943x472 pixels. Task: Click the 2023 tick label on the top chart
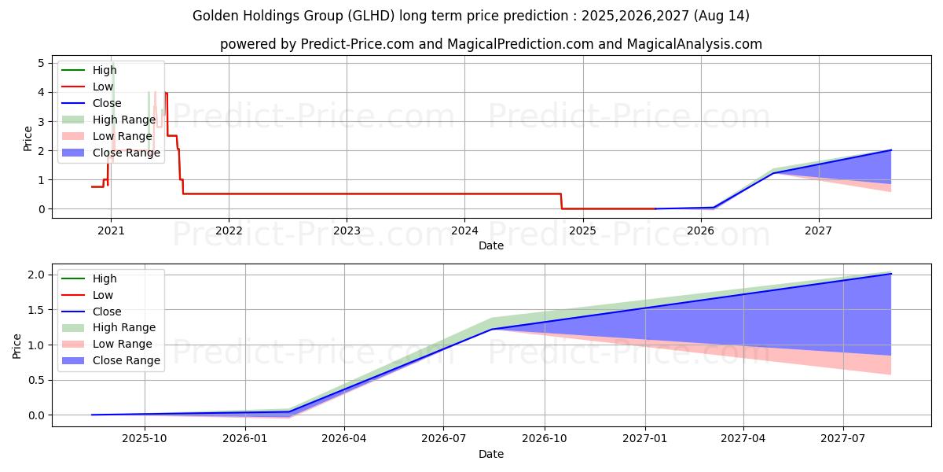click(x=347, y=230)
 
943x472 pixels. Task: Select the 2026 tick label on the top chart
click(x=700, y=230)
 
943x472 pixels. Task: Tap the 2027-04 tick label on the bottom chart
click(x=744, y=438)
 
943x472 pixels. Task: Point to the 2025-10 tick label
click(x=145, y=438)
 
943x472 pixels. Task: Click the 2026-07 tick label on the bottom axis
click(x=444, y=438)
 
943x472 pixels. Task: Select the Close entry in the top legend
click(x=107, y=103)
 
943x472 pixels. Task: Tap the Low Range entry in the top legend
click(x=122, y=136)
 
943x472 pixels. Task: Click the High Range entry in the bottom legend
click(x=124, y=327)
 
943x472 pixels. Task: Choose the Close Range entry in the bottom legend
click(x=126, y=360)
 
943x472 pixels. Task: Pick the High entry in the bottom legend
click(x=105, y=278)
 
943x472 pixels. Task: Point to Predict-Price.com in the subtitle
click(x=358, y=44)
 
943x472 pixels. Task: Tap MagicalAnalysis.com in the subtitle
click(x=683, y=44)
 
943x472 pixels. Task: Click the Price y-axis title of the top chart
click(x=28, y=138)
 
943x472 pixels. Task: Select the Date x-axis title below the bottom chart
click(x=491, y=454)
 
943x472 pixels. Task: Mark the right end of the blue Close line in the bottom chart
click(x=890, y=274)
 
